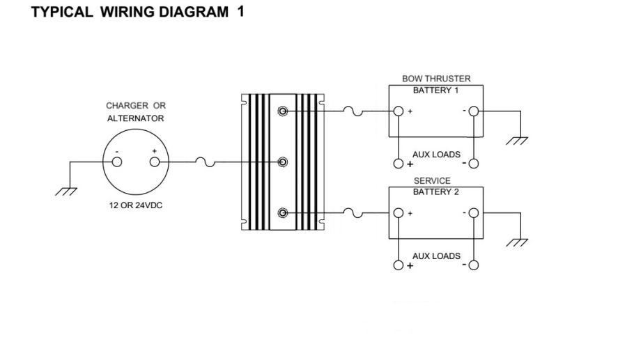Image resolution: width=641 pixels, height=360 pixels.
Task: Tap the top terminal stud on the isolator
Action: (x=282, y=111)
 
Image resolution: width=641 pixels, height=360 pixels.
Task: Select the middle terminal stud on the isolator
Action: (x=282, y=162)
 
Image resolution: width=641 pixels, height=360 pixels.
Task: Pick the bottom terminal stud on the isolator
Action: (x=282, y=213)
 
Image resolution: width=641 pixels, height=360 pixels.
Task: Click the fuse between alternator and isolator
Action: (x=206, y=162)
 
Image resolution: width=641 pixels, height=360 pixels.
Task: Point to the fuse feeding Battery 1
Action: (x=353, y=111)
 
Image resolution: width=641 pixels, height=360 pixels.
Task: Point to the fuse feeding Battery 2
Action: (x=353, y=213)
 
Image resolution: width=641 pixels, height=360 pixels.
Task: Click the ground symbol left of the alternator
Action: (x=66, y=191)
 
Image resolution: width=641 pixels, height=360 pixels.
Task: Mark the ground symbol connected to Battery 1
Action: (x=517, y=141)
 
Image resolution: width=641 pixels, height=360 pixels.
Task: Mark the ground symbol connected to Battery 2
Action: (x=517, y=242)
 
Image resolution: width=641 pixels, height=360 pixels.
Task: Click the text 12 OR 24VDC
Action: (x=136, y=205)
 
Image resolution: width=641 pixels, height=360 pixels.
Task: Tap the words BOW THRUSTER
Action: (x=436, y=79)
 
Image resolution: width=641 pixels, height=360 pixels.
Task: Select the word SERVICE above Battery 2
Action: (x=432, y=180)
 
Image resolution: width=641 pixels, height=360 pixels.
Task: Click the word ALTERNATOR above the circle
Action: (x=136, y=118)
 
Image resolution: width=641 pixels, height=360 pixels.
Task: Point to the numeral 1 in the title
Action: (x=240, y=11)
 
